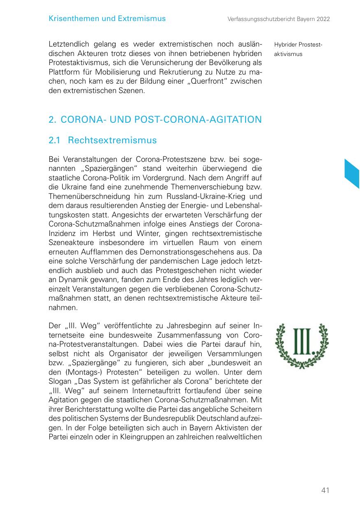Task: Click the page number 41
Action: (325, 490)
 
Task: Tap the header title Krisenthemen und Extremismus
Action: (107, 19)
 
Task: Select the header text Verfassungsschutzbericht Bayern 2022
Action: (279, 19)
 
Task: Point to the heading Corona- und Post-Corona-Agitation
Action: (155, 120)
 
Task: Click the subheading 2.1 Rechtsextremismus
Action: (102, 140)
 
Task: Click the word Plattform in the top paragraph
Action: (63, 72)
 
